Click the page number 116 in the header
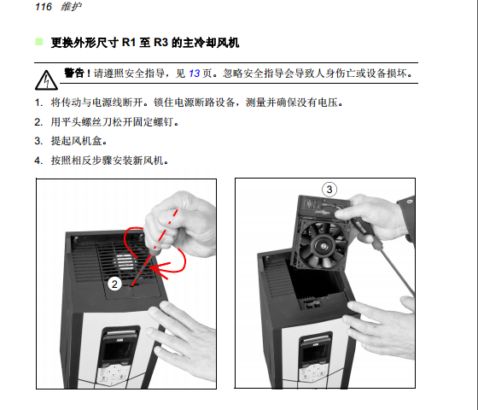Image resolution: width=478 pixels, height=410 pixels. point(44,7)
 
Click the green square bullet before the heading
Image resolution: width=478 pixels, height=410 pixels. point(39,42)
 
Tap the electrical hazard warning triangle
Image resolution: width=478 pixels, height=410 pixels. point(46,80)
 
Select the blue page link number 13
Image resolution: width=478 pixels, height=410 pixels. point(195,73)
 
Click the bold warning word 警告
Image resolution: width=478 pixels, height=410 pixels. point(74,73)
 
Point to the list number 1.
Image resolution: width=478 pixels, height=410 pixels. point(38,102)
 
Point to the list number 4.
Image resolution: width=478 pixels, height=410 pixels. point(38,161)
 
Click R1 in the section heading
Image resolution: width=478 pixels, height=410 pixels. point(128,42)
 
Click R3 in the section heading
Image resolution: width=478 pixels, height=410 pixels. point(160,42)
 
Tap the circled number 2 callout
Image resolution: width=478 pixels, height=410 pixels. point(114,284)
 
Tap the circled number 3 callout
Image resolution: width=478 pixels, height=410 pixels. point(329,190)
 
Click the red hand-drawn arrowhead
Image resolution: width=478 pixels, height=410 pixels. point(159,269)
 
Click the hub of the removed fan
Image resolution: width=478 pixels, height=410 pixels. point(322,246)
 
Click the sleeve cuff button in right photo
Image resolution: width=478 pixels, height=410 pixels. point(410,202)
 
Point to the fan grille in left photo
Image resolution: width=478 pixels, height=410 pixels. point(124,260)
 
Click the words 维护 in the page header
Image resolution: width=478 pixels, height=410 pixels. point(71,7)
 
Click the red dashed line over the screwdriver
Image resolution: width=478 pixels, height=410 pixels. point(154,247)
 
